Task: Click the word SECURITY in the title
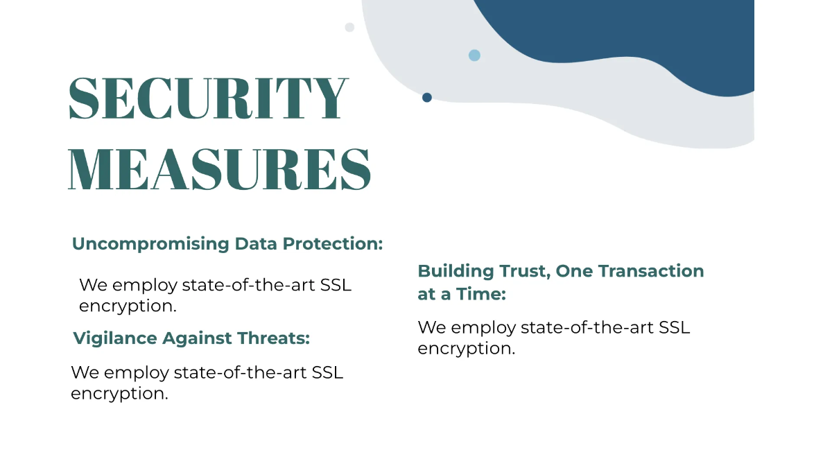(209, 98)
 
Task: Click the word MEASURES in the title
(220, 168)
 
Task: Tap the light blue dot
(474, 55)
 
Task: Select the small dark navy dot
(427, 97)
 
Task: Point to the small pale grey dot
(349, 27)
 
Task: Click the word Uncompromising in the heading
(150, 244)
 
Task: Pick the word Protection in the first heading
(333, 243)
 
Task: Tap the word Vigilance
(115, 339)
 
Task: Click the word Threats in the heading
(273, 338)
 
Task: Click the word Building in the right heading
(456, 272)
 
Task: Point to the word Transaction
(651, 271)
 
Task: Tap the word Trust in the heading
(525, 271)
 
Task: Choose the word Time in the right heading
(481, 294)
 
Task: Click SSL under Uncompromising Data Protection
(336, 285)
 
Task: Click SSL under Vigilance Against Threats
(327, 372)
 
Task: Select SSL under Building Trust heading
(675, 327)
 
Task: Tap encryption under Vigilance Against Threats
(119, 394)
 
